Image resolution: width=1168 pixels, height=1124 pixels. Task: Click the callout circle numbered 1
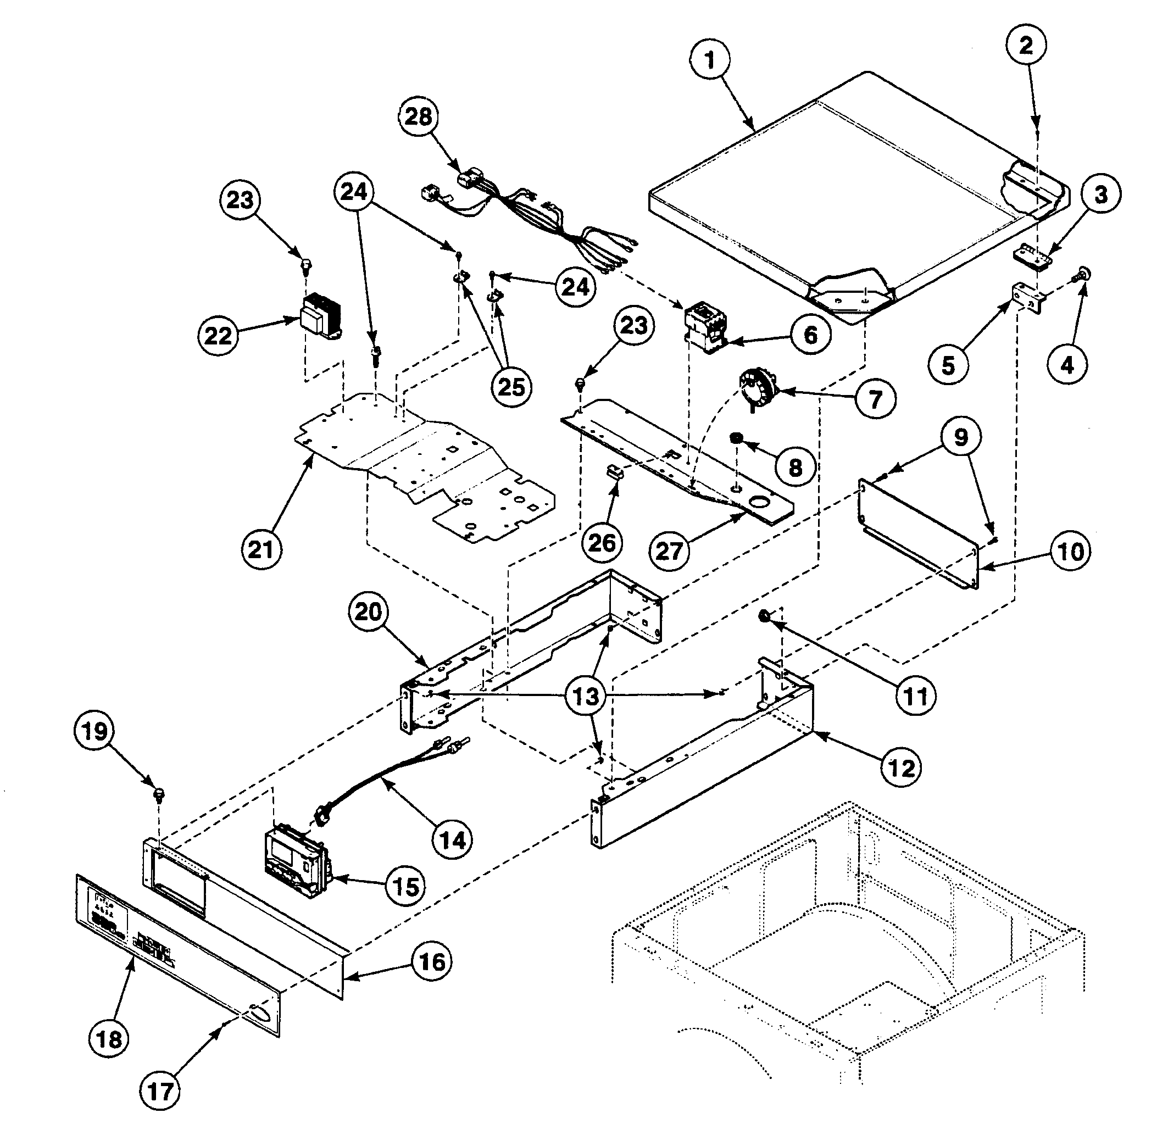click(x=709, y=60)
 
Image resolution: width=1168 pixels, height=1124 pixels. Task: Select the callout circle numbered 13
click(x=585, y=695)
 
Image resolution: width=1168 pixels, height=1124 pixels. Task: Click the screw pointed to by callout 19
click(x=159, y=794)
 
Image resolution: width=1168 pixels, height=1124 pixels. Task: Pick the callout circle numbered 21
click(x=261, y=549)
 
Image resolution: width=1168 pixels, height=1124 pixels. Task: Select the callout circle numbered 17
click(x=160, y=1091)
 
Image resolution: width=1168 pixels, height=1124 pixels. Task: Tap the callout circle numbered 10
click(x=1070, y=552)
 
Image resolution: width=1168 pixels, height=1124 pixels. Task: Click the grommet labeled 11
click(x=763, y=615)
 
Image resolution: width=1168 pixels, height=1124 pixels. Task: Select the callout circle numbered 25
click(x=511, y=387)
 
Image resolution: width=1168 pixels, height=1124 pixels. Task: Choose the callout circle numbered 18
click(x=109, y=1039)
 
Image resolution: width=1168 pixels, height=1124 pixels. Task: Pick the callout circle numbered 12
click(x=901, y=768)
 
